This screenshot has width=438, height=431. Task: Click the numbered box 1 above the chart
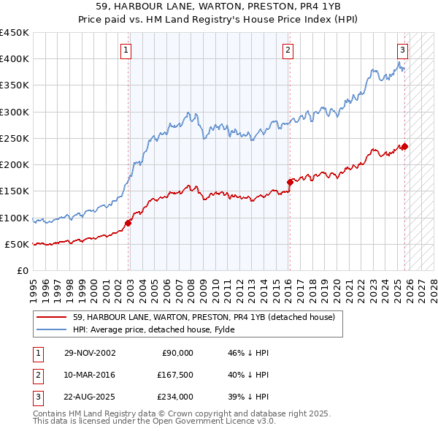click(126, 50)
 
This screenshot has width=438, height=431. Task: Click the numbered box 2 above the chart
click(288, 50)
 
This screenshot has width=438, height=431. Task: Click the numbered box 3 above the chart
click(402, 50)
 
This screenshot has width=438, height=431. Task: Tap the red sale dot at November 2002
click(128, 223)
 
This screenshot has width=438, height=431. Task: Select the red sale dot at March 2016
click(290, 182)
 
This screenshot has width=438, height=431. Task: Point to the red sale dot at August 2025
click(404, 146)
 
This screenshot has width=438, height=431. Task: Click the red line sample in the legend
click(50, 317)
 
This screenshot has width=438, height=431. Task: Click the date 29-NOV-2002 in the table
click(90, 353)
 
